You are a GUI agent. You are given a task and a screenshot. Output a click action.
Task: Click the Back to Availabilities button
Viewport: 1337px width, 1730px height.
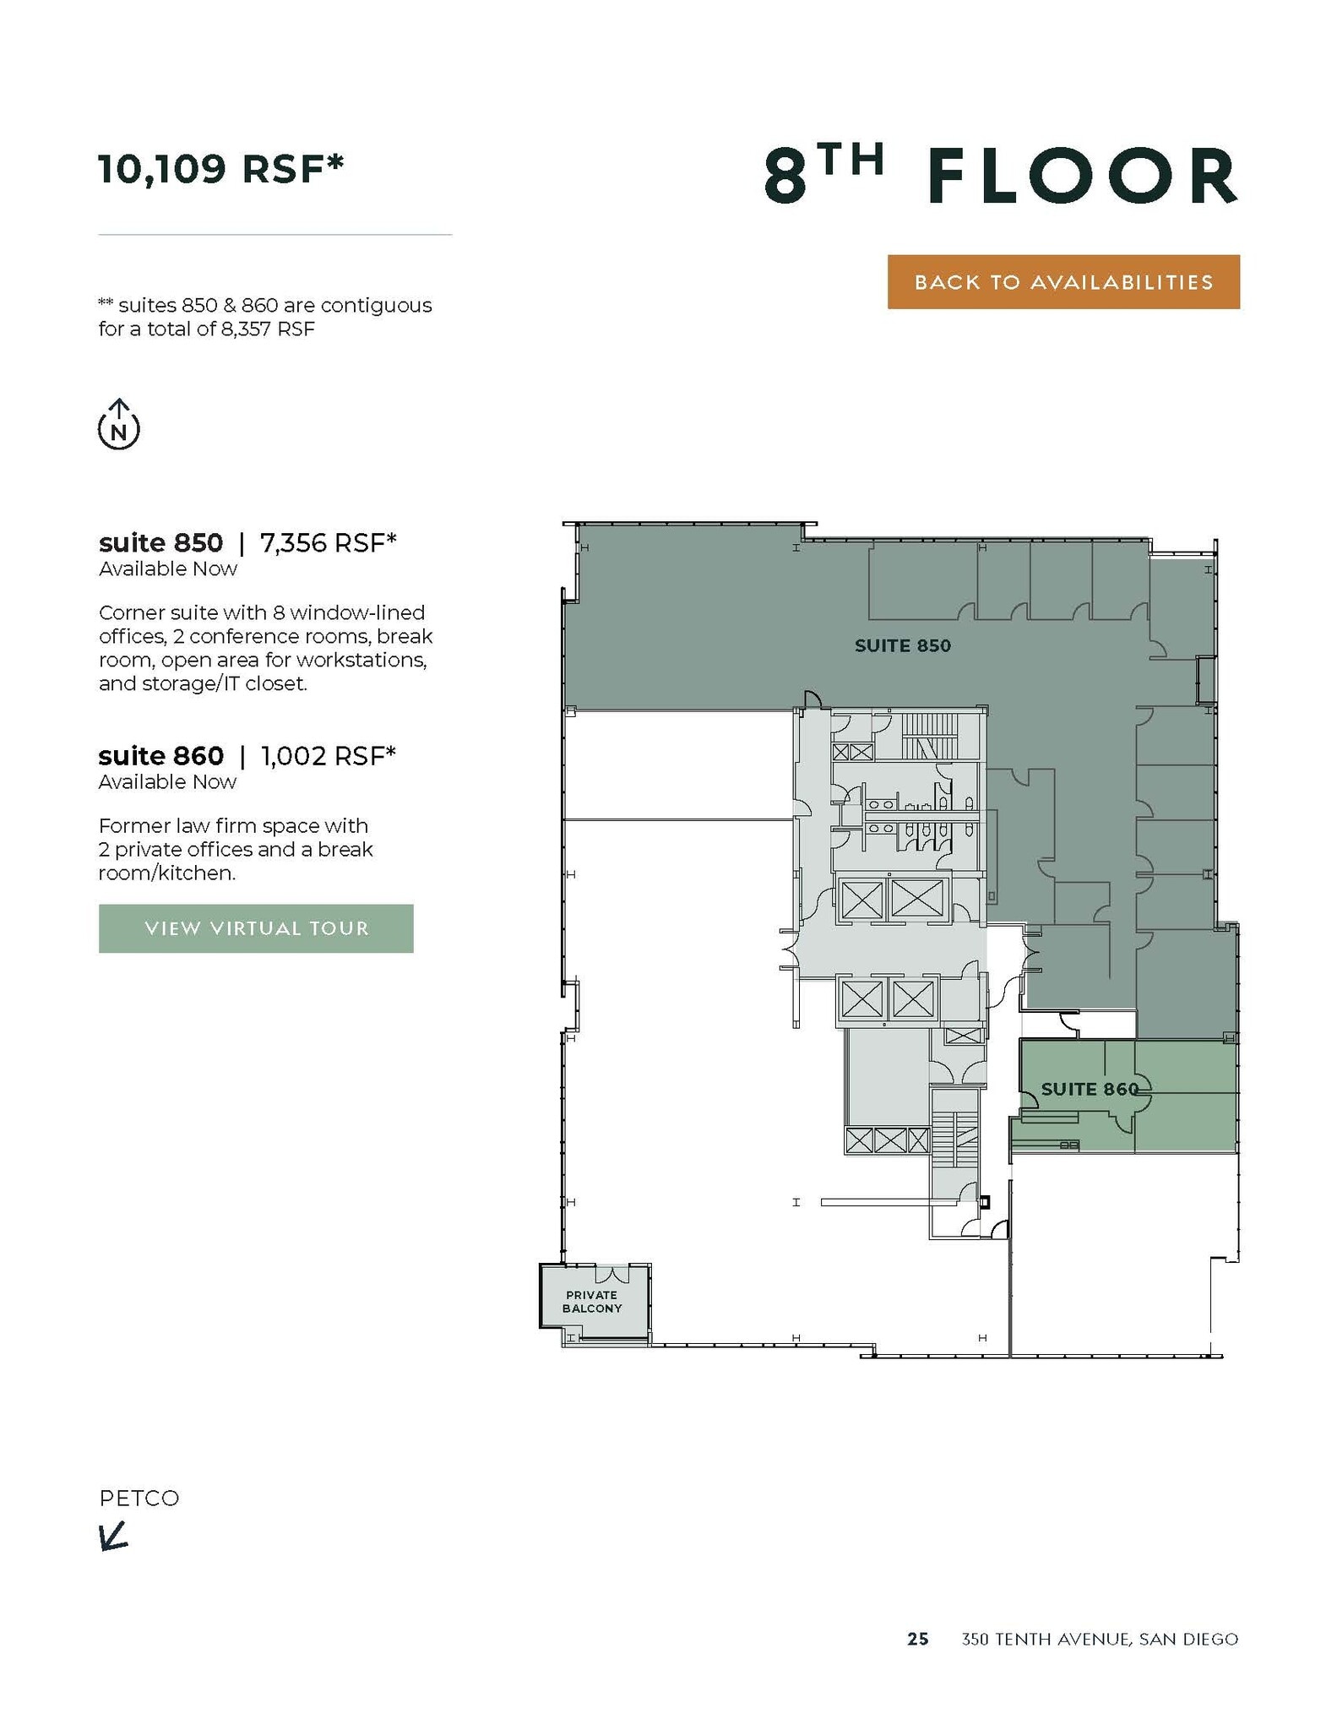1063,282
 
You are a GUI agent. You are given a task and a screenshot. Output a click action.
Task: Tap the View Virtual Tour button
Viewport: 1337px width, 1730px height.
256,928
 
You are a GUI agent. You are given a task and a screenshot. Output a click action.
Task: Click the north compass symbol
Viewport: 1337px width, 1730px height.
119,424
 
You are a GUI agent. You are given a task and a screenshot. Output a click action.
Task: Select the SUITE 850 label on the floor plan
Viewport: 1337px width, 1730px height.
902,646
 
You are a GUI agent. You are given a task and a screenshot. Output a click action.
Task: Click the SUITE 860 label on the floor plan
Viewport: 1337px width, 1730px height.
1090,1089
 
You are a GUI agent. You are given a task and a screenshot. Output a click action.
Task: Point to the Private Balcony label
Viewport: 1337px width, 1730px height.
591,1302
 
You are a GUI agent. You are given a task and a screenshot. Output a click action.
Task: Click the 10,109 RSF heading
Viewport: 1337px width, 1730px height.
221,169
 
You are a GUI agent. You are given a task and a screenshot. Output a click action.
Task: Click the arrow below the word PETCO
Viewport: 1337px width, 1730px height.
113,1536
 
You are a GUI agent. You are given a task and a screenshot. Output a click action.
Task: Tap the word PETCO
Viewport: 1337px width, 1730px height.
139,1499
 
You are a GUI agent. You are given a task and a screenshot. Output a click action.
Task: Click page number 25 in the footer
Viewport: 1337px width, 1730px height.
917,1639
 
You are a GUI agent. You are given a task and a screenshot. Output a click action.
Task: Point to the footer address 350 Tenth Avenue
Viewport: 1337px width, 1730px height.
1099,1639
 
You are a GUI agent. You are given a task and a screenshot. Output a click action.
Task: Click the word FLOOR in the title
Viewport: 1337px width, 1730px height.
1082,177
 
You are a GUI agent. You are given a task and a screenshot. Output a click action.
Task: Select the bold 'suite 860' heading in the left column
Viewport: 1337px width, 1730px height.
161,755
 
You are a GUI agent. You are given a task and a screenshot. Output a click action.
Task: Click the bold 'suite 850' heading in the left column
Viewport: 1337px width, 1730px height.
161,542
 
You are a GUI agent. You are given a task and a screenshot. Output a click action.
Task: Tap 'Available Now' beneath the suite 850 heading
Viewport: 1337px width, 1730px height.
168,569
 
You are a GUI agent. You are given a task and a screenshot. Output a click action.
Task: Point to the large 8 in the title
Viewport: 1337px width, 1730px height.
785,177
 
